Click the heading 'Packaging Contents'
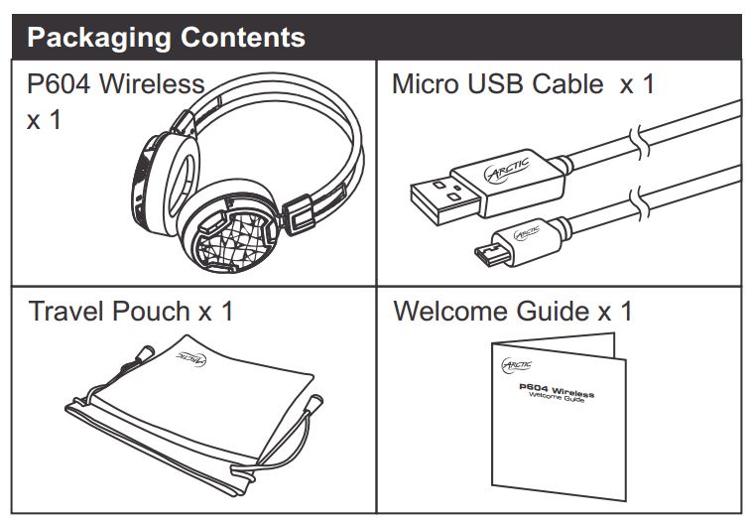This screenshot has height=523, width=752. coord(166,39)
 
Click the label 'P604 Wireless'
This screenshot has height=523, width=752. coord(116,84)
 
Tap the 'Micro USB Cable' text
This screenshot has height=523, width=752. coord(497,84)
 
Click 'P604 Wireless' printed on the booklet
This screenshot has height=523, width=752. coord(557,391)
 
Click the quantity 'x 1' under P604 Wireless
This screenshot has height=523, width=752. coord(45,121)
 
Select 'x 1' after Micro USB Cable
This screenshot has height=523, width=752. coord(638,84)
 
